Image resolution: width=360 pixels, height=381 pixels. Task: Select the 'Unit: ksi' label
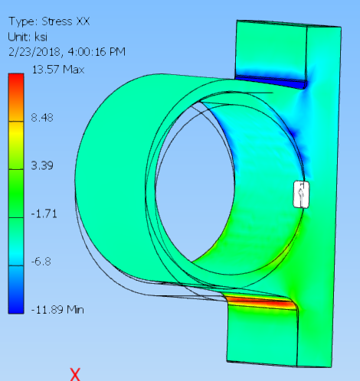tap(29, 36)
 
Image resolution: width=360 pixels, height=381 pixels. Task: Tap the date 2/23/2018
tap(33, 51)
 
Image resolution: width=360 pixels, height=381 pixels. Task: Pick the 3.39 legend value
tap(43, 165)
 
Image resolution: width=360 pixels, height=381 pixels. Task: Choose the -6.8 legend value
tap(41, 261)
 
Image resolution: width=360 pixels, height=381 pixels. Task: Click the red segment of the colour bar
tap(16, 84)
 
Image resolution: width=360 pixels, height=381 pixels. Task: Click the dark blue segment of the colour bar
tap(16, 301)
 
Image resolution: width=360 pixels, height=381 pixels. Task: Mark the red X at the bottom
tap(75, 373)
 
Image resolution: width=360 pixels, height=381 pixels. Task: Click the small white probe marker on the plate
tap(303, 194)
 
